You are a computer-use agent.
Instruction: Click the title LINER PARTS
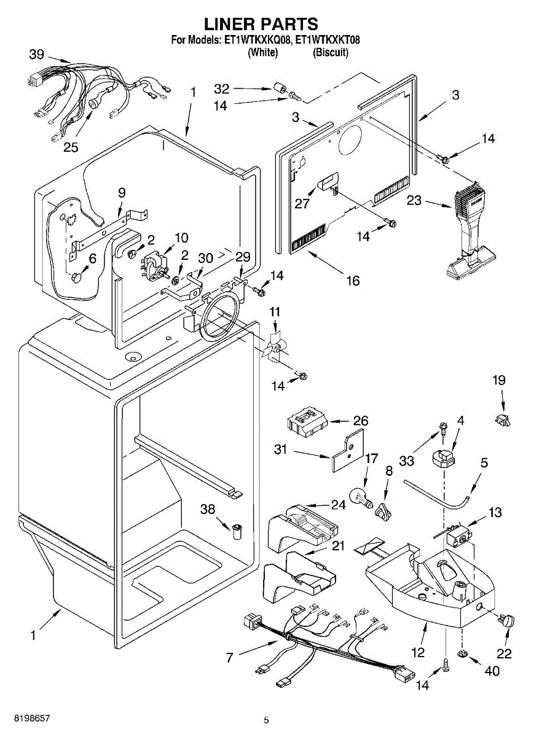(x=261, y=24)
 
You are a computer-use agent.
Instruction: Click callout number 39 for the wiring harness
(x=36, y=55)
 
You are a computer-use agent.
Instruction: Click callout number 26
(x=360, y=421)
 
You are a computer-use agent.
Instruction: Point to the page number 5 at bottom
(x=266, y=720)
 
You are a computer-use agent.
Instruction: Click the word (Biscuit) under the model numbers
(x=331, y=53)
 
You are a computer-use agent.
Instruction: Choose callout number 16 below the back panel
(x=352, y=281)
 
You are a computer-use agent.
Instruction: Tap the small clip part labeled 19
(x=503, y=420)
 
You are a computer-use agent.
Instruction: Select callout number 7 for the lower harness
(x=230, y=658)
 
